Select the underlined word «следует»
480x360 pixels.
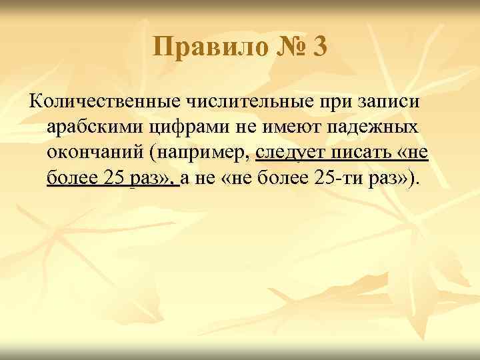(291, 153)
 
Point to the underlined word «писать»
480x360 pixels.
(359, 153)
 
